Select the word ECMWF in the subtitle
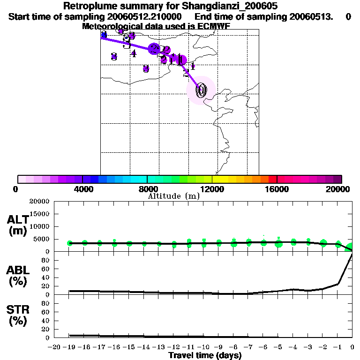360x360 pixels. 214,26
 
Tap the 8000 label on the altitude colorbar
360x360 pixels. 147,189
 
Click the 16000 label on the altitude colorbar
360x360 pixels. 277,189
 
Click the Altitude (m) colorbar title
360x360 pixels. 173,196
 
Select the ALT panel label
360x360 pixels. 18,225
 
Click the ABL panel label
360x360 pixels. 18,276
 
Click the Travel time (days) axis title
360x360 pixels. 205,355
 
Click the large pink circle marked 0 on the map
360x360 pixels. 201,90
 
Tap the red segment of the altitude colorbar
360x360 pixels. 272,179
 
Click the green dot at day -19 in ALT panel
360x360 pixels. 70,243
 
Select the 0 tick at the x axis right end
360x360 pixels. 352,347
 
